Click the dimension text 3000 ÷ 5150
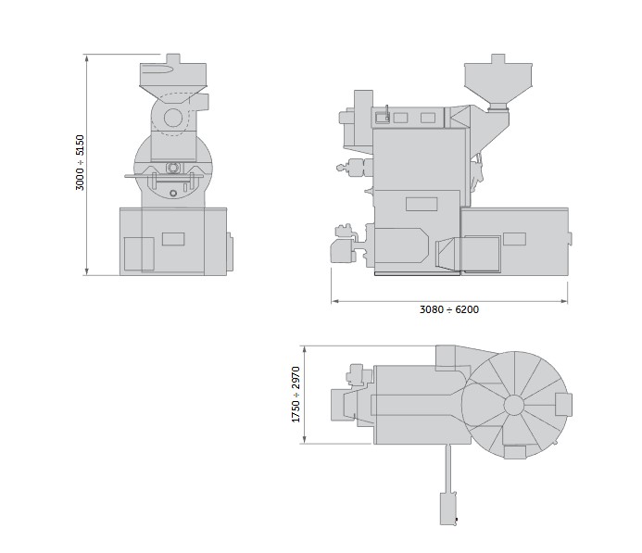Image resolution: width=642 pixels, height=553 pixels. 80,162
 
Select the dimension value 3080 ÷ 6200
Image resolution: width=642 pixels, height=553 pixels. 449,309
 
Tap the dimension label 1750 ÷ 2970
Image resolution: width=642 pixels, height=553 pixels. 296,395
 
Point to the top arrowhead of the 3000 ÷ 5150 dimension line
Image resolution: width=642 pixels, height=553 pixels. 87,57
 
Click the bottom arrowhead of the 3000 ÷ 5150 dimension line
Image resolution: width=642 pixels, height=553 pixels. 87,271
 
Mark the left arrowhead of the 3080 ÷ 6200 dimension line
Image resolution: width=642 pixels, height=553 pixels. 335,301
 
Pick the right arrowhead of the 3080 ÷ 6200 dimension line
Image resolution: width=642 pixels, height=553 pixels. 564,301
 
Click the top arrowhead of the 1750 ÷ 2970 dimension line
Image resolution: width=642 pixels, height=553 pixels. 304,349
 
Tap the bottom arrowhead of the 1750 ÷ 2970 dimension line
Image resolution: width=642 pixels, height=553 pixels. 304,440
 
